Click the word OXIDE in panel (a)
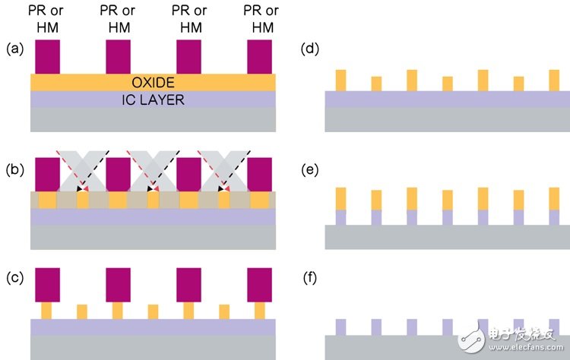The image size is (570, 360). tap(153, 83)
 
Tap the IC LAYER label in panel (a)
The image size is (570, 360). tap(153, 100)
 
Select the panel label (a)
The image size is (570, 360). tap(15, 49)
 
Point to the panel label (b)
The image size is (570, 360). tap(15, 169)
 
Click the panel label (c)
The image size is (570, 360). tap(15, 277)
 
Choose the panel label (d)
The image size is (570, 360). tap(310, 49)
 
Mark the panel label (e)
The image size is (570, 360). tap(310, 169)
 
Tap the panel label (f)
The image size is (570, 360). tap(310, 277)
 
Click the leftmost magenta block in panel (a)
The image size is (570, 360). tap(48, 57)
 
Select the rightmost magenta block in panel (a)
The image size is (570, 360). tap(260, 57)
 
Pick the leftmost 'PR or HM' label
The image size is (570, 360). tap(46, 19)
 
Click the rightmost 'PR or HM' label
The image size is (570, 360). tap(261, 19)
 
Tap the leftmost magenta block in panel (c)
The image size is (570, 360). tap(48, 285)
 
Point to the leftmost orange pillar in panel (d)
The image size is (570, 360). tap(341, 81)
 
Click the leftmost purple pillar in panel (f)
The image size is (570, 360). tap(341, 327)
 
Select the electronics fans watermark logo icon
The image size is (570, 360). tap(472, 337)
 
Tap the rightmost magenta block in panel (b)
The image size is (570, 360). tap(260, 175)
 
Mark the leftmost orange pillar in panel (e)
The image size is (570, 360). tap(341, 199)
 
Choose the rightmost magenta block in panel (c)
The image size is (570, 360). tap(260, 285)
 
